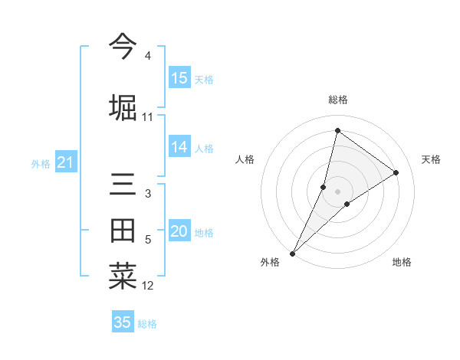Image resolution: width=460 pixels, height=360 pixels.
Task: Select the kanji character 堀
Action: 123,106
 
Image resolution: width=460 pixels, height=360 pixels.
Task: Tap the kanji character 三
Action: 123,186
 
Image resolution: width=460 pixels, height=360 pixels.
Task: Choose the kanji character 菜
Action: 123,277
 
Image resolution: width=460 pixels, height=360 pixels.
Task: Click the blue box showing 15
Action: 179,78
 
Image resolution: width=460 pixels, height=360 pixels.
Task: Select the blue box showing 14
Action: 179,147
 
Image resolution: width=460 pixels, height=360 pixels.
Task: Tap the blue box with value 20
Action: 179,231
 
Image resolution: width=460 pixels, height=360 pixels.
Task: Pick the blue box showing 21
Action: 65,162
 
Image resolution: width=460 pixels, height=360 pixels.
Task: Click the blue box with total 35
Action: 123,322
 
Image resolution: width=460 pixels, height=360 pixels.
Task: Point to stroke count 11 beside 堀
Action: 147,117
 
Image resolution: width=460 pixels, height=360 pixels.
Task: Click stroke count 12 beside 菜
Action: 147,286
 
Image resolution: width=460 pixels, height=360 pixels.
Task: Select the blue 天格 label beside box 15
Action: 204,80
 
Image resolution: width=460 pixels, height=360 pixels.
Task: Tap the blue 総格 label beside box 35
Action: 147,324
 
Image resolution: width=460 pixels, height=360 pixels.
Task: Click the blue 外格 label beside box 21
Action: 41,164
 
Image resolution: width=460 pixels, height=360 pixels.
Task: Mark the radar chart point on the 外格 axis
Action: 292,253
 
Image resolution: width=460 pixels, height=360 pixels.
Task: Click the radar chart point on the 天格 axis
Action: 396,173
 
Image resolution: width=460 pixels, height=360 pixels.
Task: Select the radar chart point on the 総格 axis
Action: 337,130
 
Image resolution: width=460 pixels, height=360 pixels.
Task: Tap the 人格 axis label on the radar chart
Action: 245,159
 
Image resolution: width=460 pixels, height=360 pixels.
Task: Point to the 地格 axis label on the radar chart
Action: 402,263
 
